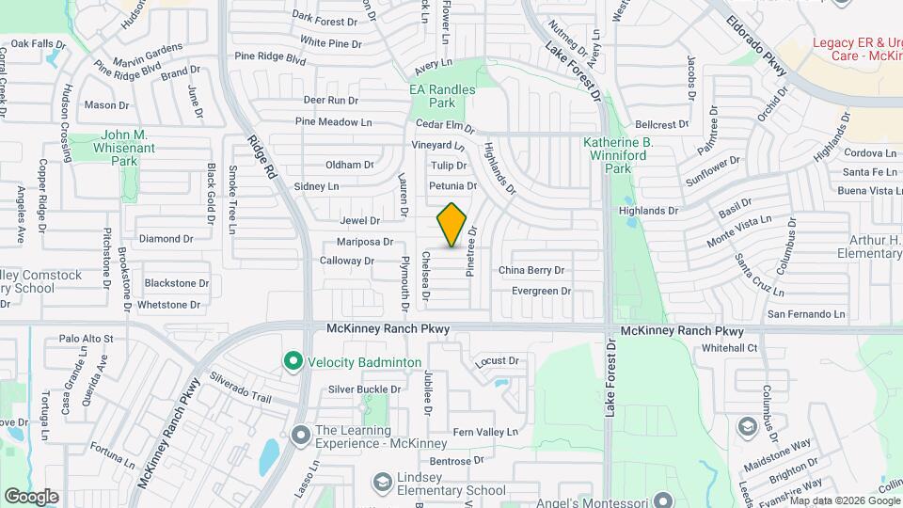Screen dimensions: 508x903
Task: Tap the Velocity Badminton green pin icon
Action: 293,361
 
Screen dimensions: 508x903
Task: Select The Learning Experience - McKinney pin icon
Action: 301,435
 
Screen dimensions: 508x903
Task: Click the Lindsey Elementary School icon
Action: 382,483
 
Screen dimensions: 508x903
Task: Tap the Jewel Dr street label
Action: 359,221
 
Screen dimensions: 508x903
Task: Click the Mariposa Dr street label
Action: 364,242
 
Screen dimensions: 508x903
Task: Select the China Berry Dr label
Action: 531,270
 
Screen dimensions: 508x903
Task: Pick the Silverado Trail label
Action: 240,387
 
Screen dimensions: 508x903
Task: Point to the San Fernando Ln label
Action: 806,314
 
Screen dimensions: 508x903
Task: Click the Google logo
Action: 31,497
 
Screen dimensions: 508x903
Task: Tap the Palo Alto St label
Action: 86,339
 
